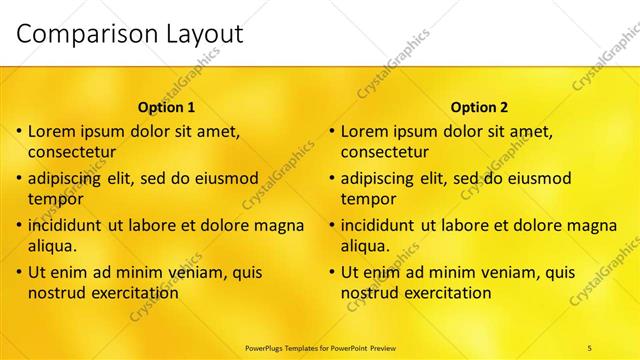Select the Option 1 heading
(166, 107)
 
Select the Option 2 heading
(480, 107)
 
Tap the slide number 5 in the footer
(589, 347)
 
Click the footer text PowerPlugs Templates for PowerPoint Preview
(320, 347)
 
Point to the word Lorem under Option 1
(51, 131)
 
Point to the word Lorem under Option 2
(364, 131)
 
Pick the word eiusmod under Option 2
(537, 178)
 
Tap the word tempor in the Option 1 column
(53, 199)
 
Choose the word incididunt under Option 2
(384, 225)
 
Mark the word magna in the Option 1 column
(278, 225)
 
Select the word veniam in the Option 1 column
(178, 272)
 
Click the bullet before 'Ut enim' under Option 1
(19, 272)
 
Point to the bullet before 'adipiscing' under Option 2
(332, 178)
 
